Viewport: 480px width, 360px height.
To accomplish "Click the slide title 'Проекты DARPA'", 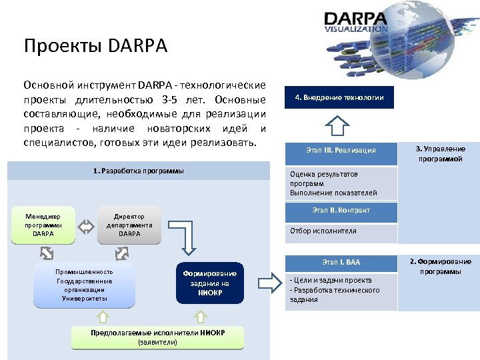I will point(95,46).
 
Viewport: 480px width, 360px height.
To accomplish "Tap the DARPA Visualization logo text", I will point(355,21).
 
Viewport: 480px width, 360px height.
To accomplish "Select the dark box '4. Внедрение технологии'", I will point(339,97).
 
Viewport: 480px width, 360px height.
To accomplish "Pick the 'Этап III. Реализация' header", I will point(340,150).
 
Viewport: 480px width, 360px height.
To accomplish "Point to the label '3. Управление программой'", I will point(440,154).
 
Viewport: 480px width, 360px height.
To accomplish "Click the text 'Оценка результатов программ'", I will point(324,179).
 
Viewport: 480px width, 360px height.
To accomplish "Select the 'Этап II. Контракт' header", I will point(340,211).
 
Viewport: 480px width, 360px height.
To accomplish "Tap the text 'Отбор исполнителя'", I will point(323,231).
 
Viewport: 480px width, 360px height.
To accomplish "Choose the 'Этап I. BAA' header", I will point(340,263).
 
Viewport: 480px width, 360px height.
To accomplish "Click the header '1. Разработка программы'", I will point(138,171).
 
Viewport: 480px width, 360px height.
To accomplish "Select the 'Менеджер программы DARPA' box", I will point(43,225).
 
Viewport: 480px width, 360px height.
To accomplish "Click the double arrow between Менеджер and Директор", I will point(86,226).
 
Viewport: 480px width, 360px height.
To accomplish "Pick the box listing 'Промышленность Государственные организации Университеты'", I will point(84,285).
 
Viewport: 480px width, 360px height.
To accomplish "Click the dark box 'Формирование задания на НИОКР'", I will point(210,283).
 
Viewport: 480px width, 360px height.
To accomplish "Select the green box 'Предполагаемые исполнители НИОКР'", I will point(157,337).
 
